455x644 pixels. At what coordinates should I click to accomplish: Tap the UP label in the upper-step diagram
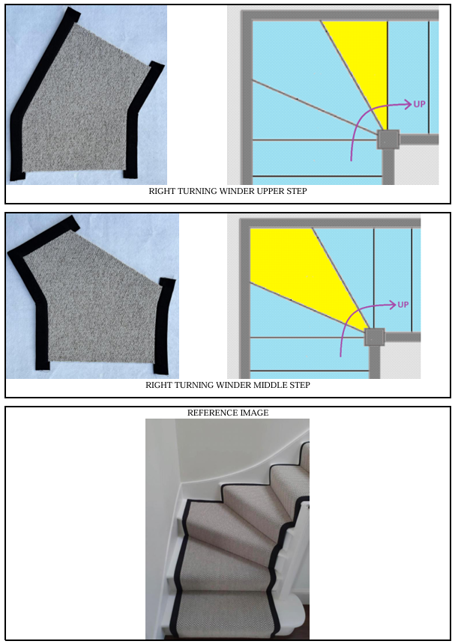pyautogui.click(x=419, y=104)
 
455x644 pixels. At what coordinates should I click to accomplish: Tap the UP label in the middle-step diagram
pyautogui.click(x=403, y=304)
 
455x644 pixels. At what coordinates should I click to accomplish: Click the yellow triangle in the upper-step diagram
pyautogui.click(x=364, y=61)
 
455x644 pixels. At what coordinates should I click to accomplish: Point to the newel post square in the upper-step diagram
pyautogui.click(x=388, y=139)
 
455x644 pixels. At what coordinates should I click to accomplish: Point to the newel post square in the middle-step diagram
pyautogui.click(x=375, y=338)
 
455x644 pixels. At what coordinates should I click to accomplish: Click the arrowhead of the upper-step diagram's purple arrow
pyautogui.click(x=408, y=104)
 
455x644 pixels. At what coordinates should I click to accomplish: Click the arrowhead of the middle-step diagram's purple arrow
pyautogui.click(x=392, y=304)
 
